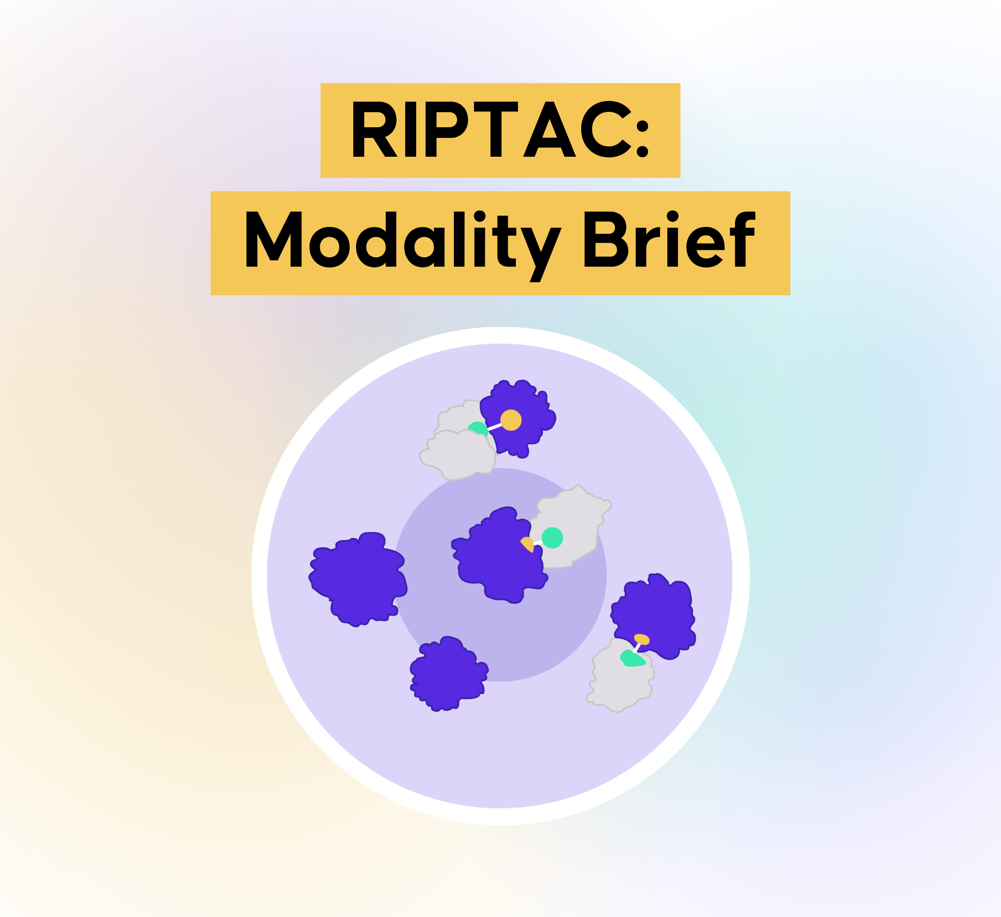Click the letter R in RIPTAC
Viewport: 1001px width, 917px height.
coord(374,129)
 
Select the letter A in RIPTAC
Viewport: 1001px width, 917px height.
coord(549,129)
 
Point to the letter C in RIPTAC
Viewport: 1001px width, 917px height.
coord(605,129)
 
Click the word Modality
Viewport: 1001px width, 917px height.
coord(403,246)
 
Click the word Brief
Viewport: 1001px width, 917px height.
coord(670,239)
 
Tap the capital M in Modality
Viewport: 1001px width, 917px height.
coord(274,239)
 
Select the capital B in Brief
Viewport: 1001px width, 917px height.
coord(606,239)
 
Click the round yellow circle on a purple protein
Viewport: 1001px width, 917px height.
coord(511,420)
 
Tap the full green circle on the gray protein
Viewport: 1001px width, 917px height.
coord(552,538)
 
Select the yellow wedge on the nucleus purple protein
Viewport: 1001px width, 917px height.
coord(528,544)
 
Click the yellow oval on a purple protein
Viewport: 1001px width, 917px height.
coord(642,640)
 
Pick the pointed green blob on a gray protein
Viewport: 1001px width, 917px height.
coord(632,658)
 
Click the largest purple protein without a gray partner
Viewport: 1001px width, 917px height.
coord(358,579)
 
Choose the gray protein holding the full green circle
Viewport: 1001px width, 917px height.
coord(571,528)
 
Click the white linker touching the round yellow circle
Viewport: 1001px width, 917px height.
coord(495,427)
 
